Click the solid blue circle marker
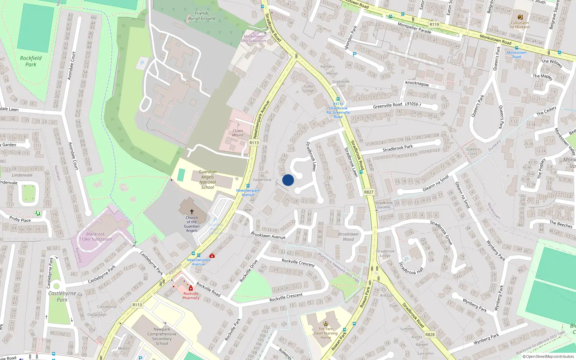[288, 180]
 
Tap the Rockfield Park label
[31, 61]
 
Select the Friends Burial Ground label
[202, 16]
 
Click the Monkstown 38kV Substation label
[253, 39]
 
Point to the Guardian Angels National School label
[208, 179]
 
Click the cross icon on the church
[192, 212]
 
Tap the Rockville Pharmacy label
[191, 296]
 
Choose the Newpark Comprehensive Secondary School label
[162, 336]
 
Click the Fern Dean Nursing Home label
[326, 333]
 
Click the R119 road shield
[434, 24]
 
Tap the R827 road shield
[369, 192]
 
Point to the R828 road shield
[430, 334]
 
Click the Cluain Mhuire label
[238, 133]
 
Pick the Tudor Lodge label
[309, 88]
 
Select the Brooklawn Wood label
[348, 237]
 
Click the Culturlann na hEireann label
[520, 24]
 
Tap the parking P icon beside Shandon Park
[355, 54]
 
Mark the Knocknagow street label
[417, 83]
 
